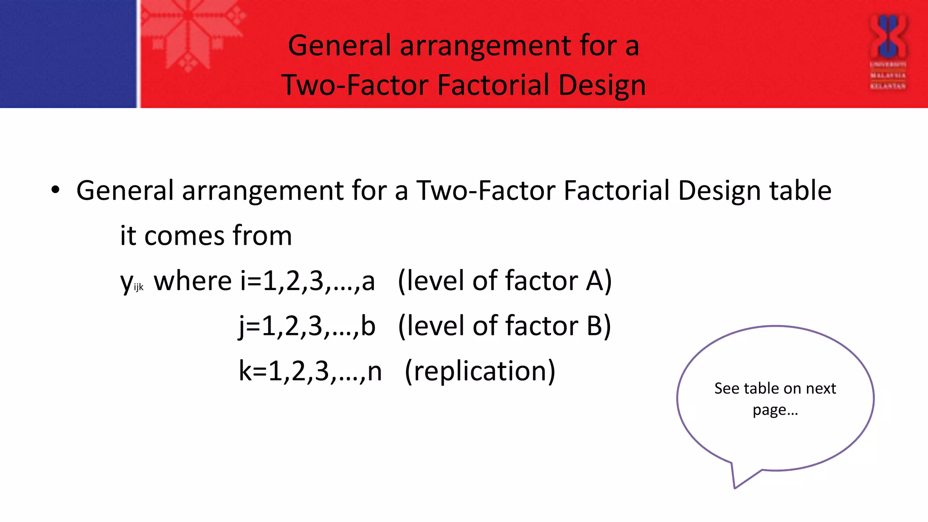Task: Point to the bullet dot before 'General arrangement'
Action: click(x=55, y=190)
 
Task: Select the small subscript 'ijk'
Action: click(x=139, y=287)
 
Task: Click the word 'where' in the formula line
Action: click(x=193, y=281)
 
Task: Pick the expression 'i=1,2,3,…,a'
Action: click(x=308, y=281)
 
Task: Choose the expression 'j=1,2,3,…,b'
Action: click(x=307, y=326)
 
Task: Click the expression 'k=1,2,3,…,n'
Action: click(x=310, y=371)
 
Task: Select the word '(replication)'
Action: click(x=480, y=371)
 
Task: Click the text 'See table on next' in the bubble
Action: click(x=775, y=388)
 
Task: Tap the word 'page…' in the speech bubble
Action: click(x=775, y=410)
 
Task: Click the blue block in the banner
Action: click(x=68, y=53)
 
